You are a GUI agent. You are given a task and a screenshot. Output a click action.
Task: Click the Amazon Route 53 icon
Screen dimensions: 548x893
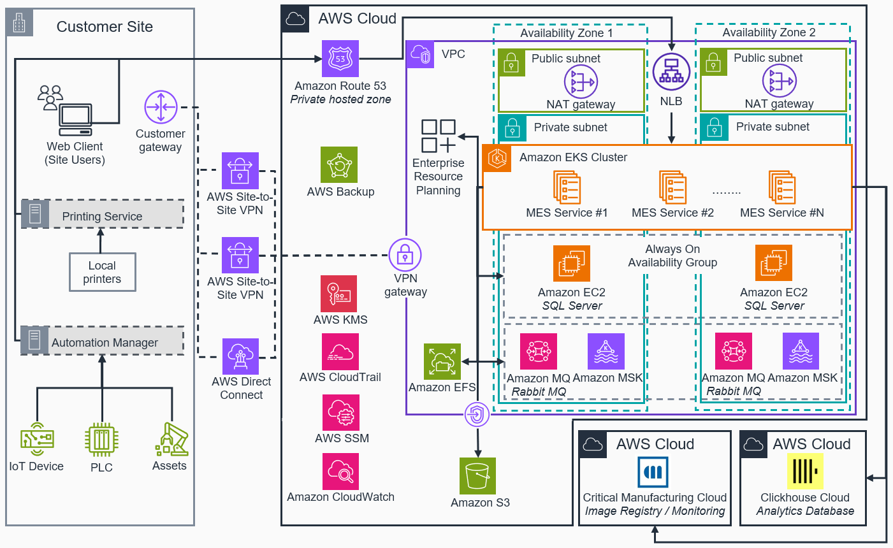[x=340, y=59]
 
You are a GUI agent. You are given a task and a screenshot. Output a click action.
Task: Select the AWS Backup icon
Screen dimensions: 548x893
[x=339, y=165]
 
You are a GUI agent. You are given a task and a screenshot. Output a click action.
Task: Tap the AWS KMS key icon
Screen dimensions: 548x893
[x=338, y=294]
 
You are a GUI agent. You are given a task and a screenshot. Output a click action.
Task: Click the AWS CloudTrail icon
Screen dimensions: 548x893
[x=340, y=352]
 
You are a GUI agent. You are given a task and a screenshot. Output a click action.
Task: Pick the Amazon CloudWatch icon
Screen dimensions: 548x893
[x=341, y=472]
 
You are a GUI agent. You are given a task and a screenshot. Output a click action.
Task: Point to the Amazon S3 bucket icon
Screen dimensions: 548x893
[x=477, y=476]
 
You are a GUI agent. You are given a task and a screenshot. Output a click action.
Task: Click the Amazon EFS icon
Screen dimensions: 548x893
[x=442, y=362]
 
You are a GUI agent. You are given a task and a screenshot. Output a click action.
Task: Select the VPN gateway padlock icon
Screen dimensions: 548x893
[x=405, y=256]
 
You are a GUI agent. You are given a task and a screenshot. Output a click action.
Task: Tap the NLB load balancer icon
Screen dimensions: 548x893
[x=671, y=72]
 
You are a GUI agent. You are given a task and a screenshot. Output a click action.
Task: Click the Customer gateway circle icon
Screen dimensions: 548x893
[x=161, y=107]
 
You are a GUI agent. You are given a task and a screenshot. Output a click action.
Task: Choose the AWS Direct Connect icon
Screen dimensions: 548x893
[x=240, y=357]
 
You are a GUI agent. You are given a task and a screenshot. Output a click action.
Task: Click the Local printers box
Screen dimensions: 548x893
[x=102, y=272]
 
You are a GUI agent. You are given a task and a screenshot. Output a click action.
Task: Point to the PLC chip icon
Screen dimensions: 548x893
[x=101, y=440]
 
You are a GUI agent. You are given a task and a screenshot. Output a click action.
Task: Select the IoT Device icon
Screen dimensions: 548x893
[x=36, y=439]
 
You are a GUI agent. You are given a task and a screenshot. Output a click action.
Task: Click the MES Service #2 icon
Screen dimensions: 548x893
[x=672, y=187]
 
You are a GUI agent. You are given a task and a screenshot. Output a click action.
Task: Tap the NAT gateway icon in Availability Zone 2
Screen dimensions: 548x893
[x=779, y=81]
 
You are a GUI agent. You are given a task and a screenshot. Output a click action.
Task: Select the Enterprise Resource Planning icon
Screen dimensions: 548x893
[x=439, y=136]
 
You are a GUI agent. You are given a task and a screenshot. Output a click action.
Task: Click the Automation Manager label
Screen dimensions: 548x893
[x=105, y=343]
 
